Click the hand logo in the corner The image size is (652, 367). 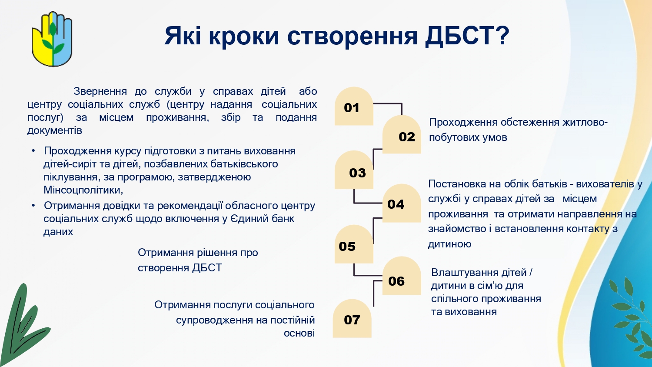tap(52, 39)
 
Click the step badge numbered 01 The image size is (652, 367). tap(354, 106)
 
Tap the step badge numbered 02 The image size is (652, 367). tap(402, 134)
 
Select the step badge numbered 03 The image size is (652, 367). tap(354, 170)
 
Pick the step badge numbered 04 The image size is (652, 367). tap(402, 204)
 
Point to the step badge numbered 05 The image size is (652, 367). tap(354, 244)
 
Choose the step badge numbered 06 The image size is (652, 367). tap(402, 276)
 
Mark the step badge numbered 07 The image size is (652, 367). tap(352, 318)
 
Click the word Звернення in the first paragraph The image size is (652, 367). tap(100, 91)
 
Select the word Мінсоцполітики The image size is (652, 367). tap(83, 190)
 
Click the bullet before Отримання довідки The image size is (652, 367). tap(33, 206)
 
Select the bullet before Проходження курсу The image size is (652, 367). tap(33, 151)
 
